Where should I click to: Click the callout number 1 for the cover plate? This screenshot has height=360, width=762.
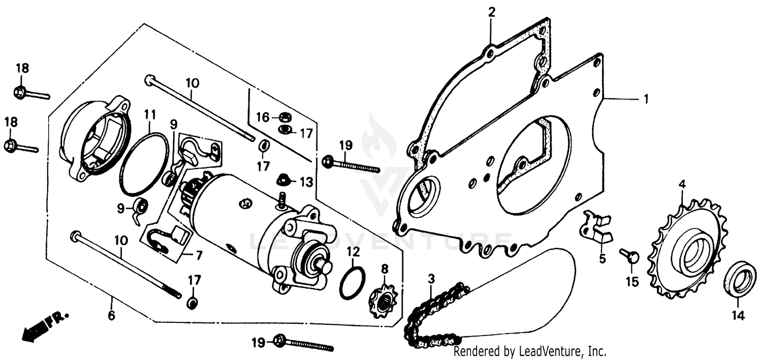click(x=646, y=100)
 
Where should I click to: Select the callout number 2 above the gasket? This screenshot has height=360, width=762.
click(x=491, y=12)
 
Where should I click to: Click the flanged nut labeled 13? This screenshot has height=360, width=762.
click(x=283, y=180)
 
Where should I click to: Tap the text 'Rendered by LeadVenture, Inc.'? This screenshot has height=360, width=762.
click(x=530, y=351)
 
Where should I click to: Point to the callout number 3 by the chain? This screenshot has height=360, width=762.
click(x=431, y=279)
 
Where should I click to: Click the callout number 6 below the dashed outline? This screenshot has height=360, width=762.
click(x=111, y=315)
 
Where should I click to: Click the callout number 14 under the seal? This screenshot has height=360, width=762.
click(x=738, y=316)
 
